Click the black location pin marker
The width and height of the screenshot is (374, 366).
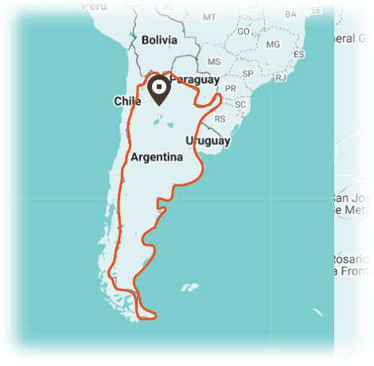click(x=159, y=88)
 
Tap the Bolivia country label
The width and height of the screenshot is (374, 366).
click(x=159, y=40)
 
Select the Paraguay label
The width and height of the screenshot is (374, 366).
click(x=194, y=80)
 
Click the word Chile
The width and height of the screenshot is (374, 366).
click(x=127, y=101)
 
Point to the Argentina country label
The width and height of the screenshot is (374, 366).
click(x=157, y=157)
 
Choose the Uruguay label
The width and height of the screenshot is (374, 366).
click(x=208, y=141)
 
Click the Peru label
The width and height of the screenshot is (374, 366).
click(x=94, y=6)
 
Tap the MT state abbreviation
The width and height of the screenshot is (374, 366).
click(x=209, y=17)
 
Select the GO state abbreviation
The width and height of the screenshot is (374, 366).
click(x=243, y=32)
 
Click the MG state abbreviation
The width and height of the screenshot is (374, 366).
click(x=273, y=44)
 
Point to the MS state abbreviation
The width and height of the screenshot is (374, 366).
click(x=213, y=61)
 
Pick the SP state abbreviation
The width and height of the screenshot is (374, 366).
click(x=247, y=73)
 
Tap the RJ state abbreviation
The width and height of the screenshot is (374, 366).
click(x=280, y=78)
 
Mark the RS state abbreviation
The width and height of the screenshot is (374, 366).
click(x=220, y=119)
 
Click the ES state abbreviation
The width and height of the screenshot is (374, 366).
click(x=299, y=54)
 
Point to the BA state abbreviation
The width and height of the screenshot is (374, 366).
click(x=290, y=14)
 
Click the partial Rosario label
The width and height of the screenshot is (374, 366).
click(x=351, y=260)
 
